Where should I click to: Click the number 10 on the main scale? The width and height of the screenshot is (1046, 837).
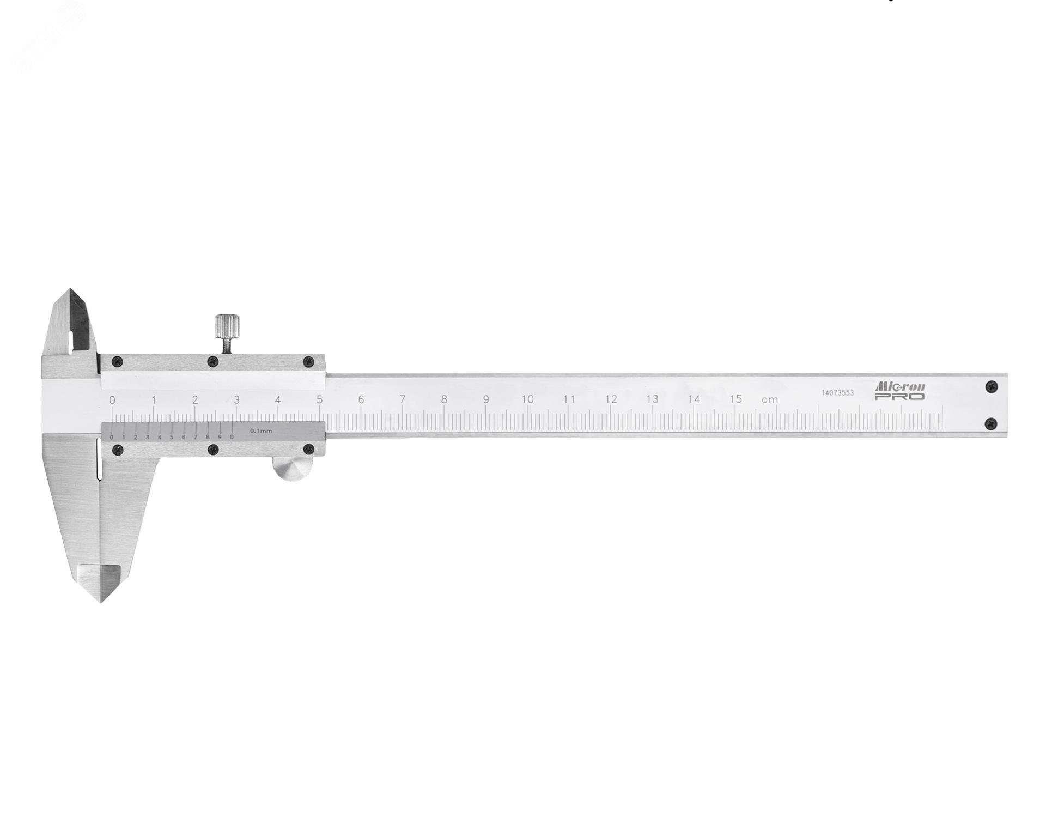pyautogui.click(x=527, y=399)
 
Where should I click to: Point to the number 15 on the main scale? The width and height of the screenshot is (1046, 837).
pyautogui.click(x=735, y=399)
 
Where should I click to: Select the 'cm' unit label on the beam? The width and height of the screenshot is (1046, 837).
pyautogui.click(x=769, y=400)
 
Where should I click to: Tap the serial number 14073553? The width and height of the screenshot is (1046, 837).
pyautogui.click(x=837, y=392)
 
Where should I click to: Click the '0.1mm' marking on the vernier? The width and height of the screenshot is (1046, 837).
pyautogui.click(x=261, y=431)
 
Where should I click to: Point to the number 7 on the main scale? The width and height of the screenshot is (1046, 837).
pyautogui.click(x=403, y=399)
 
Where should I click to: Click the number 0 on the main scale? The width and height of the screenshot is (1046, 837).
pyautogui.click(x=112, y=400)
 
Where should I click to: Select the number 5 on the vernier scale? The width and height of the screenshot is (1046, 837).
pyautogui.click(x=171, y=437)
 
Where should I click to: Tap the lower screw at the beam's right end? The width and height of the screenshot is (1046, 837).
pyautogui.click(x=991, y=422)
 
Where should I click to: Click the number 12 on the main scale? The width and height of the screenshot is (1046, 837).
pyautogui.click(x=611, y=399)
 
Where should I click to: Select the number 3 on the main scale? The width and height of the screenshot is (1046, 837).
pyautogui.click(x=236, y=399)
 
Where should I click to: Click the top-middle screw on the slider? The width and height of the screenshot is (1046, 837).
pyautogui.click(x=213, y=361)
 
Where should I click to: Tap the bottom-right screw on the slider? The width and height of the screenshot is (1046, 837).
pyautogui.click(x=308, y=449)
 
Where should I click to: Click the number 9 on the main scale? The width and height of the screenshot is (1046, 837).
pyautogui.click(x=485, y=399)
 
